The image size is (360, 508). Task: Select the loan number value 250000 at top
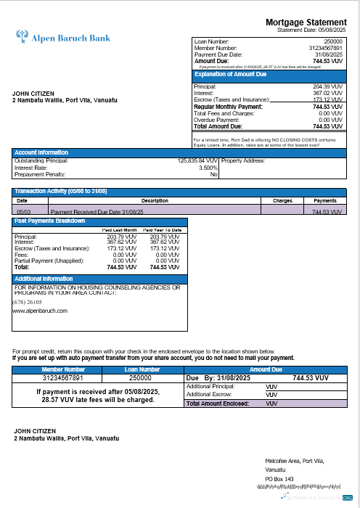point(334,42)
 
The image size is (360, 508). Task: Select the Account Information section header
point(42,152)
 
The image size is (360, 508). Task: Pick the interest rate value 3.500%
point(208,168)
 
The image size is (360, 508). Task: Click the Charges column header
point(282,200)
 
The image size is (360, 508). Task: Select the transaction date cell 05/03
point(22,212)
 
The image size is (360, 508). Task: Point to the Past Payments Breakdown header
point(50,221)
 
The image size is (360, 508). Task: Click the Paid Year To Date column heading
point(164,230)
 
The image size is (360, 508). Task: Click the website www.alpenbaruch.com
point(40,311)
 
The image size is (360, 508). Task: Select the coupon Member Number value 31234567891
point(62,378)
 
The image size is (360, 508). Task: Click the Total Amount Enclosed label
point(217,403)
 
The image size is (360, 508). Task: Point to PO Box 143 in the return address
point(280,479)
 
